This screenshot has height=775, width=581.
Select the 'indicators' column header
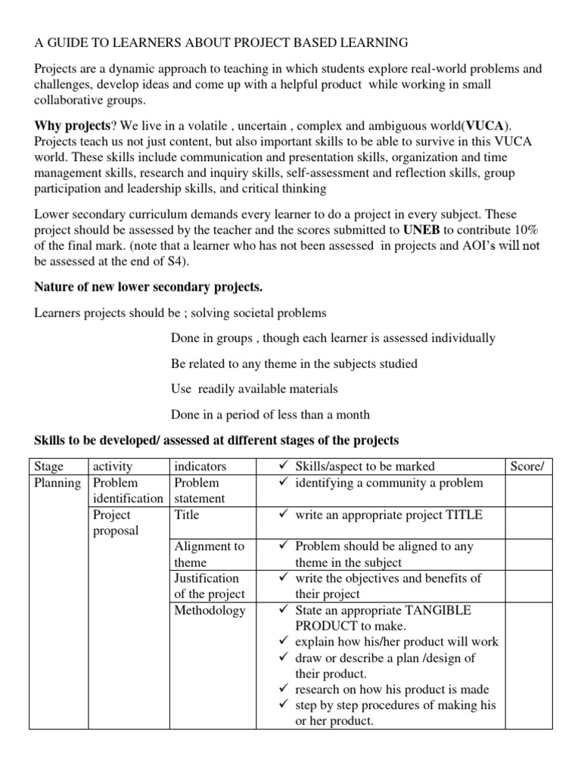pos(200,466)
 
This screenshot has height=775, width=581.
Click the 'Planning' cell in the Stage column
pos(58,483)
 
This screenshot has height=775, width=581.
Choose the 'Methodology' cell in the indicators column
pos(210,610)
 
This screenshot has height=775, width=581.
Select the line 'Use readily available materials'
pos(254,388)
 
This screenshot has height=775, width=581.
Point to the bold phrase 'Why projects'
pos(67,125)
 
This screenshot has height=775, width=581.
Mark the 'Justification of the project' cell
pos(209,586)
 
